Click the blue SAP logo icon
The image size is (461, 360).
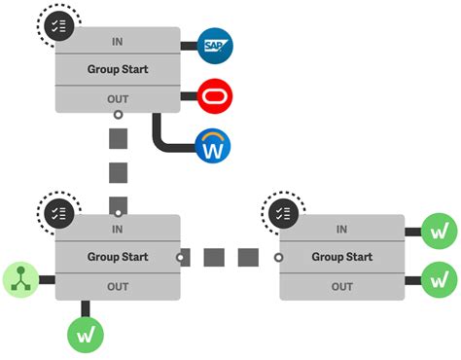pyautogui.click(x=215, y=46)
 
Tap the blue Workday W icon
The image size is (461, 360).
pyautogui.click(x=215, y=147)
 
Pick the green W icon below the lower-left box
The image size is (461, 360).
pyautogui.click(x=86, y=333)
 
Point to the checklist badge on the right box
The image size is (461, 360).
pyautogui.click(x=284, y=212)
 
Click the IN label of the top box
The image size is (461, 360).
pyautogui.click(x=118, y=43)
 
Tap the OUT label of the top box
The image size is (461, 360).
pyautogui.click(x=118, y=98)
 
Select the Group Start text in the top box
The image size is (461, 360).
pyautogui.click(x=118, y=70)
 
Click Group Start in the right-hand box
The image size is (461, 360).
pyautogui.click(x=342, y=258)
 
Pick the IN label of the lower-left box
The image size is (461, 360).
pyautogui.click(x=118, y=230)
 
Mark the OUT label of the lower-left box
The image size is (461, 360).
pyautogui.click(x=118, y=286)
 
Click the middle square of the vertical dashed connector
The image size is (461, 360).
pyautogui.click(x=118, y=174)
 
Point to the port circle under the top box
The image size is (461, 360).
pyautogui.click(x=118, y=115)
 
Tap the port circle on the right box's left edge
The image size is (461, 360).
pyautogui.click(x=278, y=258)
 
